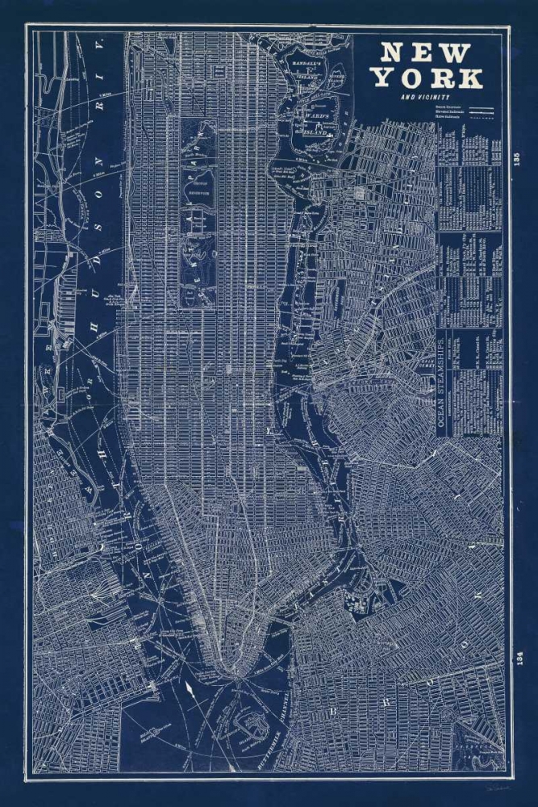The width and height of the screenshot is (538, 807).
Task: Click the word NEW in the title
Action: (x=425, y=52)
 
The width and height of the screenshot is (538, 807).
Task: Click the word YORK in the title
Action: (x=427, y=78)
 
